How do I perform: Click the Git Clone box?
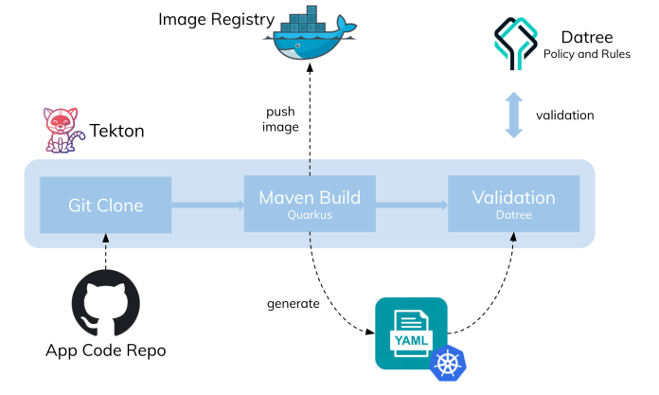(104, 204)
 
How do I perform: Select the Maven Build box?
(309, 204)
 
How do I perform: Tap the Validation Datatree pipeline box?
(513, 204)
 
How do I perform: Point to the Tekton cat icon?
(60, 130)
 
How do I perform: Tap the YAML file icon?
(411, 333)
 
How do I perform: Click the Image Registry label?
(216, 19)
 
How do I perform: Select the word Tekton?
(116, 131)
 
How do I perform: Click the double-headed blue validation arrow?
(514, 115)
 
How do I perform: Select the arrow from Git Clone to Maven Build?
(206, 203)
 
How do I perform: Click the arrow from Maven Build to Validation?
(411, 203)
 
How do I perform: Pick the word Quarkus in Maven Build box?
(309, 215)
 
